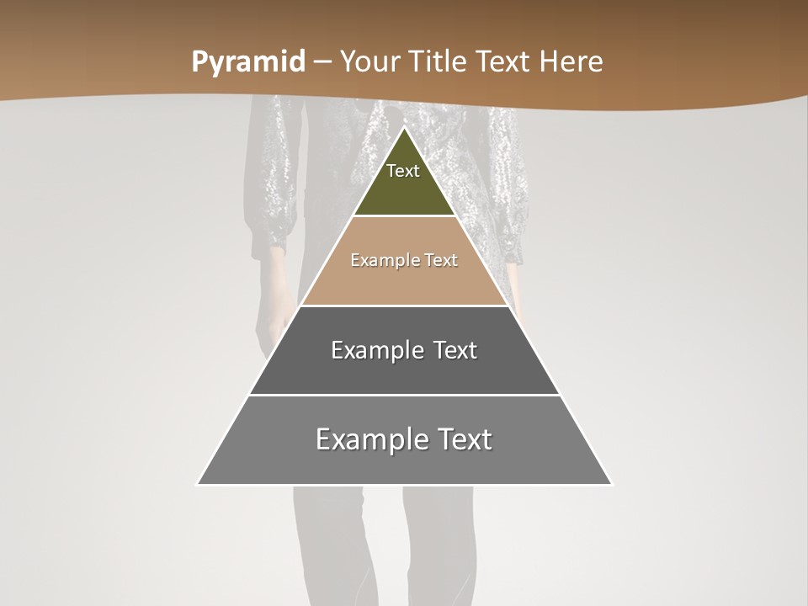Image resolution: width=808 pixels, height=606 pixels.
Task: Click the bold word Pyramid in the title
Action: [248, 61]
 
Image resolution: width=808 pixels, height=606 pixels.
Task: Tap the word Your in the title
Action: [369, 61]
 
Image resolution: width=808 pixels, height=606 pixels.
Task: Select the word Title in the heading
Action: [436, 61]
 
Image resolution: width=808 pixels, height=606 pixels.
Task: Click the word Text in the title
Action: [503, 61]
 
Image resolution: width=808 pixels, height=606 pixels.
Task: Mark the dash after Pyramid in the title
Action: [322, 62]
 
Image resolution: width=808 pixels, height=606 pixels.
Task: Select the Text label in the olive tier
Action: [403, 171]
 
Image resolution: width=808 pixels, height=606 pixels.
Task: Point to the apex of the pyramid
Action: [404, 129]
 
